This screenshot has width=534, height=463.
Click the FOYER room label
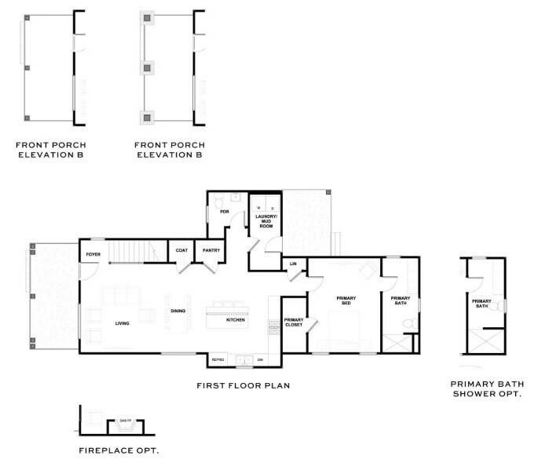93,255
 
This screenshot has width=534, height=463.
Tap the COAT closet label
181,251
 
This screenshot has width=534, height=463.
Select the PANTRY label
210,251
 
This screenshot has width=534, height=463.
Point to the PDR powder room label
225,212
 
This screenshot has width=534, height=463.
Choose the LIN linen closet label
293,264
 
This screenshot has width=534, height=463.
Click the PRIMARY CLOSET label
294,322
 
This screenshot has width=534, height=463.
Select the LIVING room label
123,323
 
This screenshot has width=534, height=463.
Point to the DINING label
178,312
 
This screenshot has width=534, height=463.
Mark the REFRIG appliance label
218,359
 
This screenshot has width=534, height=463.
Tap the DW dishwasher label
260,359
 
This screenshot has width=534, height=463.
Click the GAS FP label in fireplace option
124,421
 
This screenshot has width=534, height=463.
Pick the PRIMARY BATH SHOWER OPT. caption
486,388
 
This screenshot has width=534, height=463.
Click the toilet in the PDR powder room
218,202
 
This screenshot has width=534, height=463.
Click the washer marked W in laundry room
258,207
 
